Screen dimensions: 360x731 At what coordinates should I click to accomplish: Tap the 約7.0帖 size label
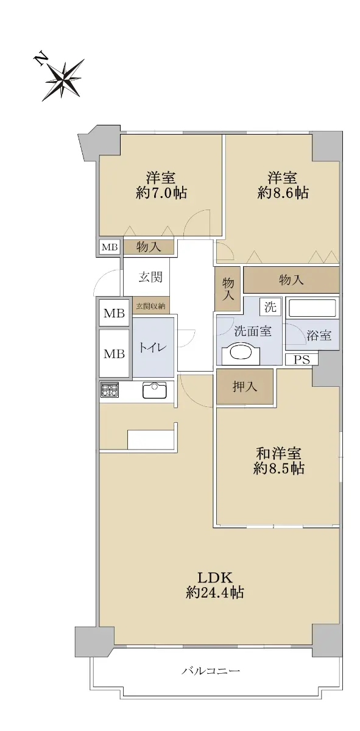161,193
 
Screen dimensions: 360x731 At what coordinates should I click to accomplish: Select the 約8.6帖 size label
283,193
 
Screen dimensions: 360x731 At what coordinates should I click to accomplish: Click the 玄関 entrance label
150,277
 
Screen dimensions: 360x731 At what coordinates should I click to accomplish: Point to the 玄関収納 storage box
151,306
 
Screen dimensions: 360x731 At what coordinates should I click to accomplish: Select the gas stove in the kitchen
110,390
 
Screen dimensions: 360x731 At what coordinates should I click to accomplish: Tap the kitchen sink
154,390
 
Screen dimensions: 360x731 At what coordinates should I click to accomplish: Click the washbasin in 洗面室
241,353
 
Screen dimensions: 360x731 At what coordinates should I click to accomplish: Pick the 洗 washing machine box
270,307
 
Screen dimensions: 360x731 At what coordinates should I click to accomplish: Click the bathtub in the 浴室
312,308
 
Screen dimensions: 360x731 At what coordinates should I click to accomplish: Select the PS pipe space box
302,359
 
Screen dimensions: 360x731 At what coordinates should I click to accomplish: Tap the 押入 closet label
244,387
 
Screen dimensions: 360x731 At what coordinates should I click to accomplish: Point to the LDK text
215,578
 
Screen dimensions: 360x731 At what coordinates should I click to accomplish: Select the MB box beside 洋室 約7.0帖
110,247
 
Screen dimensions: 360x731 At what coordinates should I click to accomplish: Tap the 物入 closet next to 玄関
149,247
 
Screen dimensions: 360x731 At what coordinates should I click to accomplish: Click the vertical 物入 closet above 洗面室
228,289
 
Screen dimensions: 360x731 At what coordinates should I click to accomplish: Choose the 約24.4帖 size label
215,592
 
